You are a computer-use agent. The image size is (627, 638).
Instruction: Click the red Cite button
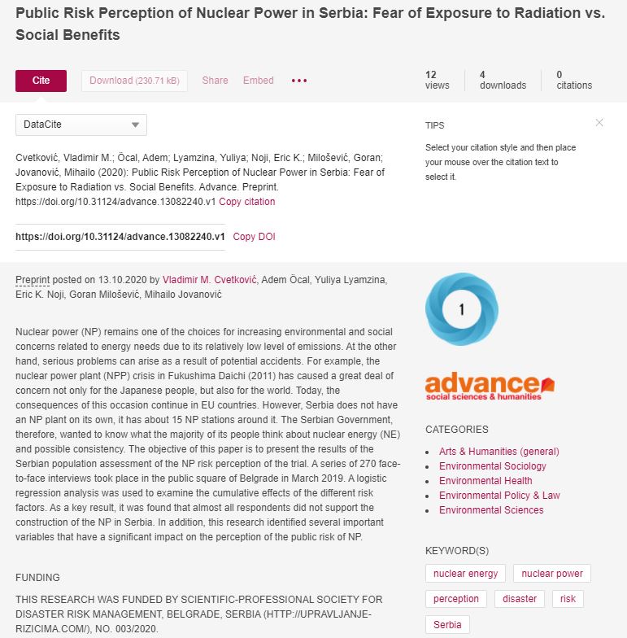41,81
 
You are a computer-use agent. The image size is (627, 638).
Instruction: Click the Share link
215,81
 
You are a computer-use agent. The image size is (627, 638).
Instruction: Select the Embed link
258,81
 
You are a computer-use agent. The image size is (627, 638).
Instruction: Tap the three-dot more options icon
299,81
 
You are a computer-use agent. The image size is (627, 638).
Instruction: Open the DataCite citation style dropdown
81,125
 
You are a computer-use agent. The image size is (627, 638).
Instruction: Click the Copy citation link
247,202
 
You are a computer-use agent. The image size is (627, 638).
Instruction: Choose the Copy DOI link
254,237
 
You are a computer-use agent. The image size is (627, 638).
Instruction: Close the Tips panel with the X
599,123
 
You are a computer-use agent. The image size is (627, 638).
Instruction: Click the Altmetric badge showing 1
461,309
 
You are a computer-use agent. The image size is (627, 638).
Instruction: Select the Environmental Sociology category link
493,466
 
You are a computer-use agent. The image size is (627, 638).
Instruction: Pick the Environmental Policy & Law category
499,496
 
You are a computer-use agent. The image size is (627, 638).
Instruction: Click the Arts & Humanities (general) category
499,452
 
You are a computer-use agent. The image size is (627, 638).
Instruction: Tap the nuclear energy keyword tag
465,574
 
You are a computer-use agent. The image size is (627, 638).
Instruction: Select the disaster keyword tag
520,599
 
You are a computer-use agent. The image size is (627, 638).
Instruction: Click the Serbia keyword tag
447,625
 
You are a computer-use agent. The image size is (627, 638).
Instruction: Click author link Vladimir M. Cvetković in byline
211,280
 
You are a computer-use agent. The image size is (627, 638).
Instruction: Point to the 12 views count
437,80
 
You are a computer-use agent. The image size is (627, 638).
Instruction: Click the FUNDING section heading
37,578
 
